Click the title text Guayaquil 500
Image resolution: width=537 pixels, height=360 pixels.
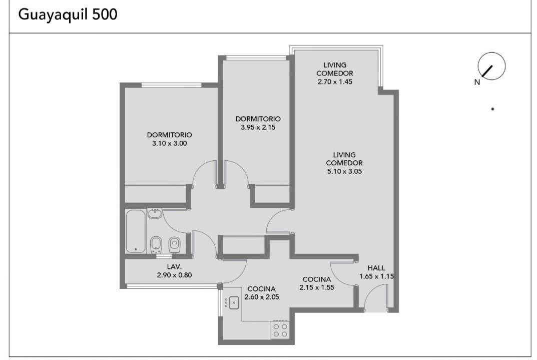coord(68,15)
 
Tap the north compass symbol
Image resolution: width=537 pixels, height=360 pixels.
coord(491,66)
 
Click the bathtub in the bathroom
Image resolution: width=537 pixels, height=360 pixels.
coord(136,231)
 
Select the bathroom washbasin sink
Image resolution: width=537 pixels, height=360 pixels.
coord(155,213)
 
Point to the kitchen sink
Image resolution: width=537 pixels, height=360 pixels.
coord(234,302)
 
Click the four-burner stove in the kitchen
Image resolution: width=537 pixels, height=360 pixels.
coord(280,330)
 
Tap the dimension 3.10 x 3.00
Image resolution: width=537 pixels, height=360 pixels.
coord(170,144)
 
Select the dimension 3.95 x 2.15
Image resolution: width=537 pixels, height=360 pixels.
coord(258,127)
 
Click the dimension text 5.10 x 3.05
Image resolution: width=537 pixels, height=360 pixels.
coord(344,171)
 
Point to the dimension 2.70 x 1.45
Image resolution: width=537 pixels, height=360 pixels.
coord(335,82)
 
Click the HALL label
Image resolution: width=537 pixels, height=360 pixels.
coord(376,268)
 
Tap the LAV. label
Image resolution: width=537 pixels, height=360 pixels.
coord(174,266)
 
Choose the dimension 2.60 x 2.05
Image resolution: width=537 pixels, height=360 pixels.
coord(262,297)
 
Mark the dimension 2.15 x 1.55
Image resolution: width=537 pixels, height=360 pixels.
coord(317,288)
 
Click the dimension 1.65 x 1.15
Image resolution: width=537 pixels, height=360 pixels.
coord(376,276)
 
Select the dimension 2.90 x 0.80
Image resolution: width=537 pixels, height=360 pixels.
coord(174,275)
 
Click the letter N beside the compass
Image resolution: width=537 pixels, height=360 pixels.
coord(477,82)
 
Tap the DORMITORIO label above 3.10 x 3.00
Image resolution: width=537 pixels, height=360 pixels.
coord(170,135)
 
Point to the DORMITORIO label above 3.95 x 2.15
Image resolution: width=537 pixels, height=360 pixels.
coord(258,119)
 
